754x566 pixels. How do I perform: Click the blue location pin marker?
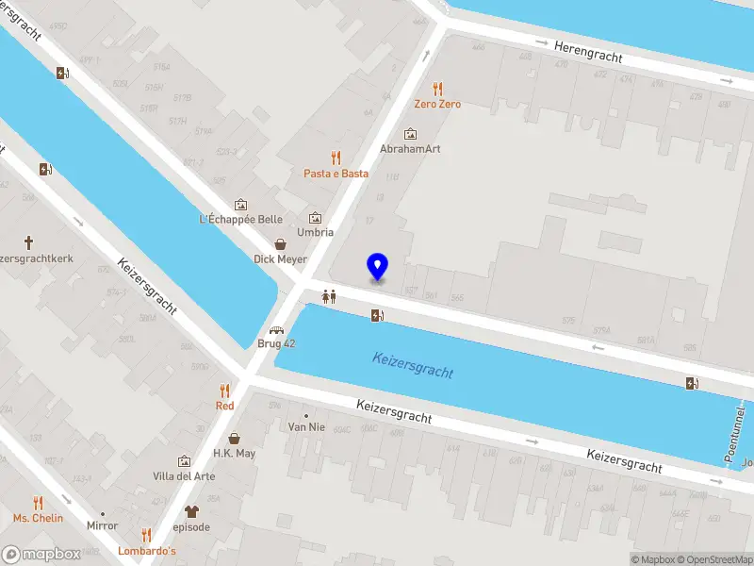pos(377,267)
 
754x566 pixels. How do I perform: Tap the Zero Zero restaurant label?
pos(438,104)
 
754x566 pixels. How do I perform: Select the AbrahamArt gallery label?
pos(410,149)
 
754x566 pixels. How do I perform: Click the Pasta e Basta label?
pos(336,174)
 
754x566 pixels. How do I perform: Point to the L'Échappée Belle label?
pos(241,220)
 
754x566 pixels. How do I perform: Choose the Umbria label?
pos(316,232)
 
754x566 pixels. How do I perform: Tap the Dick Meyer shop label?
pos(280,258)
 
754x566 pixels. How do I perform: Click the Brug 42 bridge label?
pos(277,343)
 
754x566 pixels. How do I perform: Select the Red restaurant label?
pos(224,405)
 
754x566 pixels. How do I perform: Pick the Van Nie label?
pos(306,426)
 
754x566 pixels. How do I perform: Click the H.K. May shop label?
pos(234,453)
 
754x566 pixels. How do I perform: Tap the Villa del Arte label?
pos(184,476)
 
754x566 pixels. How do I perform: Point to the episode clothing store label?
pos(192,526)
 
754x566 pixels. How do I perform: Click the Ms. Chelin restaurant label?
pos(38,518)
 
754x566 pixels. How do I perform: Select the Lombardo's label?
pos(146,550)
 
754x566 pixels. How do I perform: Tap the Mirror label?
pos(102,525)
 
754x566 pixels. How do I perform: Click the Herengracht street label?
pos(588,51)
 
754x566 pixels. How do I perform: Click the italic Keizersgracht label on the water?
pos(413,364)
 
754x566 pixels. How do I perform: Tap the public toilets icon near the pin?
pos(329,295)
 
